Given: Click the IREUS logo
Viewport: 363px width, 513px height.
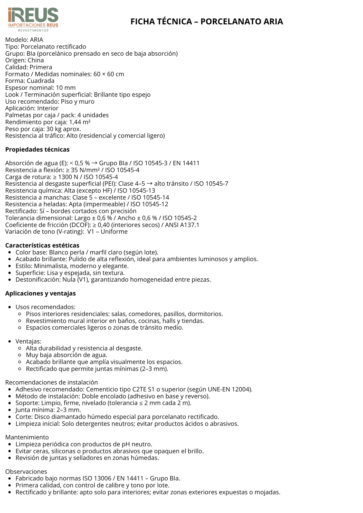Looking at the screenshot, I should click(33, 19).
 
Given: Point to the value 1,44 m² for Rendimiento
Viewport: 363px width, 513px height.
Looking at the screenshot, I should click(80, 122).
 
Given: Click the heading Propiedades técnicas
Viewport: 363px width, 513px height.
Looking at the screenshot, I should click(37, 150).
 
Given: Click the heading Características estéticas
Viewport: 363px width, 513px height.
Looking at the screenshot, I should click(42, 245).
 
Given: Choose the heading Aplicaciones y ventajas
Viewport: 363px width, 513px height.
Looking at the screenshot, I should click(40, 293).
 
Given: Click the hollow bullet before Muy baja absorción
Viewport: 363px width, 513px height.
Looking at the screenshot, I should click(20, 355).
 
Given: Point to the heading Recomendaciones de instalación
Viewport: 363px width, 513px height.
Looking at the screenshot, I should click(51, 382).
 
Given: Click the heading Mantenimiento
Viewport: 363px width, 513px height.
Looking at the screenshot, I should click(27, 437).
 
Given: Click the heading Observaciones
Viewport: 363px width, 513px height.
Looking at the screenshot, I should click(26, 472).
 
